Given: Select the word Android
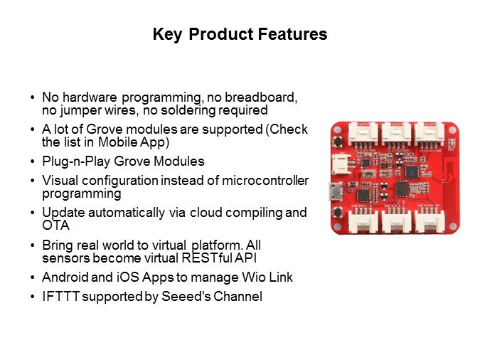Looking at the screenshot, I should point(65,277).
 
